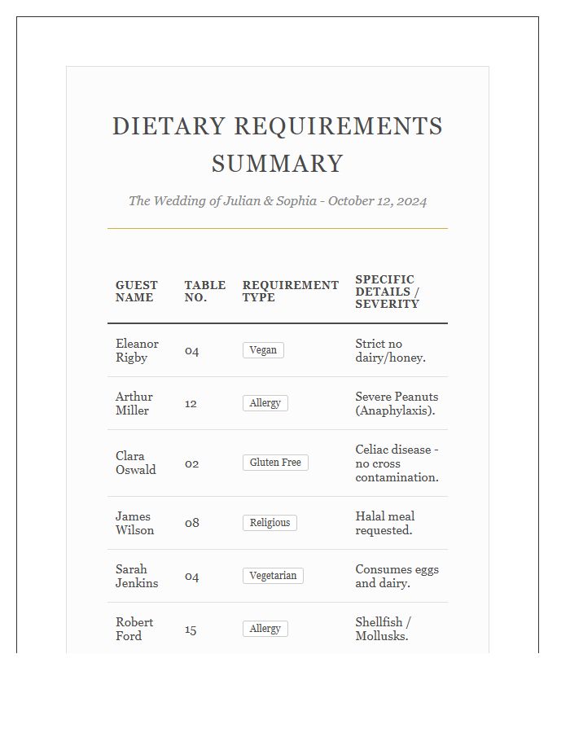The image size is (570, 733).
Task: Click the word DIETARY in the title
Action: [x=169, y=127]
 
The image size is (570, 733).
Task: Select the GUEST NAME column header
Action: [x=137, y=292]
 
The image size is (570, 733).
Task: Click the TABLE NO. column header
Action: [x=204, y=292]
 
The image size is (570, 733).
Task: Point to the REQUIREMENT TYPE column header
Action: [x=290, y=292]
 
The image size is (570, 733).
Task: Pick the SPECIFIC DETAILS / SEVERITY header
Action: [x=388, y=292]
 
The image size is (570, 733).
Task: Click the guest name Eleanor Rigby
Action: [x=137, y=351]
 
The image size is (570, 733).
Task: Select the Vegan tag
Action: [x=263, y=350]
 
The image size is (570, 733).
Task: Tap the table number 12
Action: [x=191, y=403]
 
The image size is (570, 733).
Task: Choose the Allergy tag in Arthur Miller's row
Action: [x=265, y=403]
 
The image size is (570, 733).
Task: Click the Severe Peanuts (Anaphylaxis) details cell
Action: [x=396, y=404]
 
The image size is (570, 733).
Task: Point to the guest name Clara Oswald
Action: [x=135, y=463]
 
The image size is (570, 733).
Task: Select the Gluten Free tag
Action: [x=275, y=463]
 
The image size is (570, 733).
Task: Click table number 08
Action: [x=191, y=523]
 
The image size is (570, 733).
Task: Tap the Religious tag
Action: [x=270, y=523]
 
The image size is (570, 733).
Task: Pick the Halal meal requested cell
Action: [x=385, y=523]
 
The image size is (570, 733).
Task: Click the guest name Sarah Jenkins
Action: [x=137, y=577]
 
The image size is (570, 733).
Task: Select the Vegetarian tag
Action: [x=273, y=576]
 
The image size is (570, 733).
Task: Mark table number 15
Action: [x=191, y=629]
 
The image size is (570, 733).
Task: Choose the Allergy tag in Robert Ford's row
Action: [x=265, y=629]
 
